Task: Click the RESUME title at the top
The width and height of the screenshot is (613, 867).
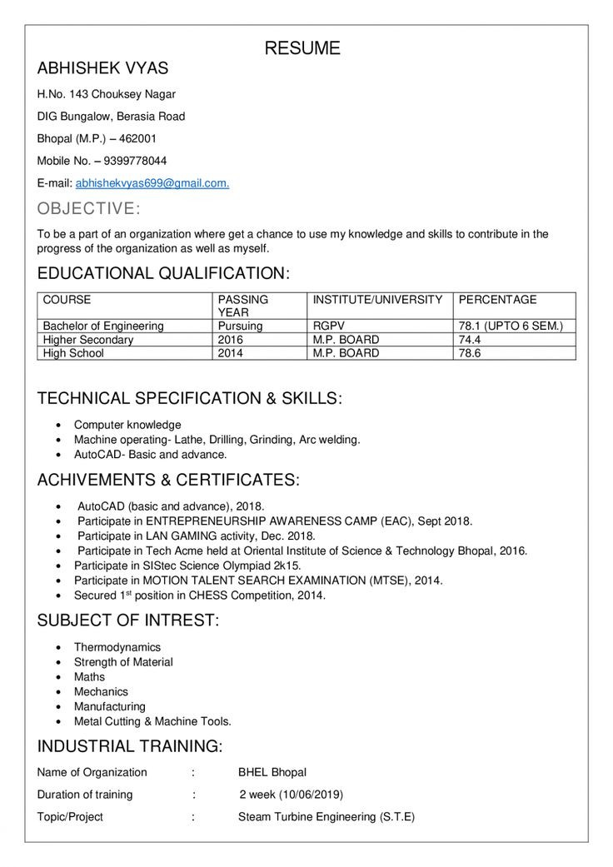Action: click(x=302, y=48)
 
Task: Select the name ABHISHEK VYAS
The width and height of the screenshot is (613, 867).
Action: click(x=102, y=69)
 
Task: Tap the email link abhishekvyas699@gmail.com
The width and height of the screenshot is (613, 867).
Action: click(x=152, y=182)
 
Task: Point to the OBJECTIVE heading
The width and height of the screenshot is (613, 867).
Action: click(x=89, y=208)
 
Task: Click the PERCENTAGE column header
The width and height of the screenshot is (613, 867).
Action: click(x=498, y=300)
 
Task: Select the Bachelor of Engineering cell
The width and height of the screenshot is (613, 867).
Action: click(x=103, y=326)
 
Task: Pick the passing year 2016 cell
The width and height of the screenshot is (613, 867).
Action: click(x=231, y=340)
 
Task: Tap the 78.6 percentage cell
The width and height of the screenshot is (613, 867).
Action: click(x=470, y=353)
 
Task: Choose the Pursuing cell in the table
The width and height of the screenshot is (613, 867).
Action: click(x=240, y=326)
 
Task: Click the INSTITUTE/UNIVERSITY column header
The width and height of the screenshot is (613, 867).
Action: click(x=377, y=300)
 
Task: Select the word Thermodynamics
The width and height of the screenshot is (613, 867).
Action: click(x=117, y=647)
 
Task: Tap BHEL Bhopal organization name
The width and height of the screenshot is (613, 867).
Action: click(x=272, y=772)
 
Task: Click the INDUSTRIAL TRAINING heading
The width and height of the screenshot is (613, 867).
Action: click(x=129, y=745)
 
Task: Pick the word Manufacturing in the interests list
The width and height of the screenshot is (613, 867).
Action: click(x=109, y=706)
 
